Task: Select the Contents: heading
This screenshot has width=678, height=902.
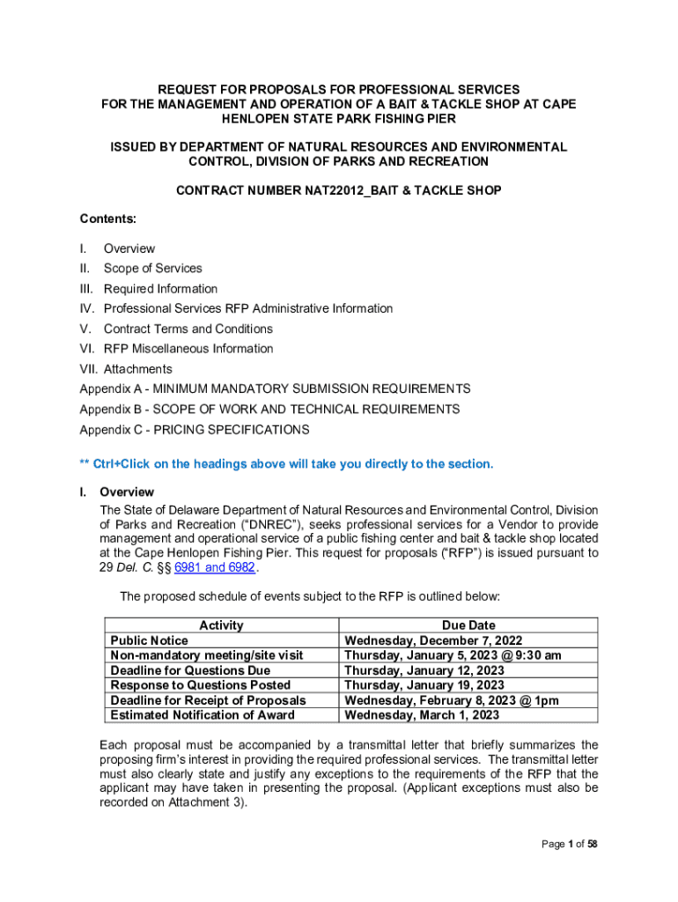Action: (109, 218)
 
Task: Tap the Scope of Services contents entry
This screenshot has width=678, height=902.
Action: (152, 269)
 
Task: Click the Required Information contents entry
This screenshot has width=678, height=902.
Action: (160, 289)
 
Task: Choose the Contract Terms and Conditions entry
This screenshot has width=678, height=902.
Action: (188, 329)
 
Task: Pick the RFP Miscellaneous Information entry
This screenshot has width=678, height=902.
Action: (188, 349)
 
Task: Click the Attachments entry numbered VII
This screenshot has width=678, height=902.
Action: (137, 369)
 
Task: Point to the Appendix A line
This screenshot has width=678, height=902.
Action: (275, 389)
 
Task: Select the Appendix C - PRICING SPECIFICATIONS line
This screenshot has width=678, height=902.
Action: (195, 430)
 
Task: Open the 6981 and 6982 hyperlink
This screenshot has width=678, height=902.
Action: (215, 568)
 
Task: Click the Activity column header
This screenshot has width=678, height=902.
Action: (221, 625)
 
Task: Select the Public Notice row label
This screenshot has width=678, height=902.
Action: (149, 640)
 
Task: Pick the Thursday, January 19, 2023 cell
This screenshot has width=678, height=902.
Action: (424, 685)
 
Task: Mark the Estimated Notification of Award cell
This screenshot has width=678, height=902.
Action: (203, 715)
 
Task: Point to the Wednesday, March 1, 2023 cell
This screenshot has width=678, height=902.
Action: (422, 715)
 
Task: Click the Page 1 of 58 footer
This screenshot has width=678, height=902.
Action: (570, 845)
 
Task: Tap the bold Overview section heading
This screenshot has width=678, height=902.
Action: (127, 492)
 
